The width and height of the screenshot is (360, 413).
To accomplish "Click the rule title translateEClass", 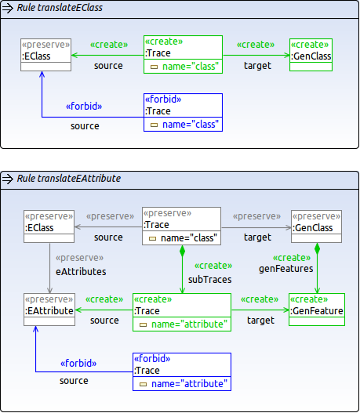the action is click(60, 8).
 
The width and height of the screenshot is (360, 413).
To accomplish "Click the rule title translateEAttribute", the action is click(69, 179).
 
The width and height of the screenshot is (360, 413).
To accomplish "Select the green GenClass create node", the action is click(311, 55).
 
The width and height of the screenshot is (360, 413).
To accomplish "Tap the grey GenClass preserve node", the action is click(316, 226).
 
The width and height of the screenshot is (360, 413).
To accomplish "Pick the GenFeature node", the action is click(317, 310).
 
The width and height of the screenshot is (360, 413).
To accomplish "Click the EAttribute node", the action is click(49, 310).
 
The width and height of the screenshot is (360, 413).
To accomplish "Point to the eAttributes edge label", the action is click(81, 272).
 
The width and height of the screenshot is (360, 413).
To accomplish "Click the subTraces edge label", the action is click(209, 280).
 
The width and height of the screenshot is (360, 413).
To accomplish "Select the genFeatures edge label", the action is click(286, 269).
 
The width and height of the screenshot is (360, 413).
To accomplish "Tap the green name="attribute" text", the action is click(189, 324).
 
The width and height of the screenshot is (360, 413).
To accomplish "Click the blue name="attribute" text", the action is click(189, 384).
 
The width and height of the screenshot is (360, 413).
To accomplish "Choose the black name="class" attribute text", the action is click(189, 237).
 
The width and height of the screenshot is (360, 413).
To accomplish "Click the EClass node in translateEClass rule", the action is click(45, 55).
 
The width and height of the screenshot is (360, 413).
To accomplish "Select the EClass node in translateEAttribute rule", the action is click(49, 226).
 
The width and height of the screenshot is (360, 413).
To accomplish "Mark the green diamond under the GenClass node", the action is click(318, 248).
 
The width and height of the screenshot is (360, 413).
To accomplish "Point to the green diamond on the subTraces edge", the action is click(183, 251).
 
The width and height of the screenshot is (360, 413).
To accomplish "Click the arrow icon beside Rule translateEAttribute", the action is click(8, 179).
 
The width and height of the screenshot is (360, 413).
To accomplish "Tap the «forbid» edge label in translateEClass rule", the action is click(84, 106).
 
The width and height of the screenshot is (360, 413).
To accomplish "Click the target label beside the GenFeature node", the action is click(260, 321).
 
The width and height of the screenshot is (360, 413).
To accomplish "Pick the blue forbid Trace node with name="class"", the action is click(184, 113).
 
